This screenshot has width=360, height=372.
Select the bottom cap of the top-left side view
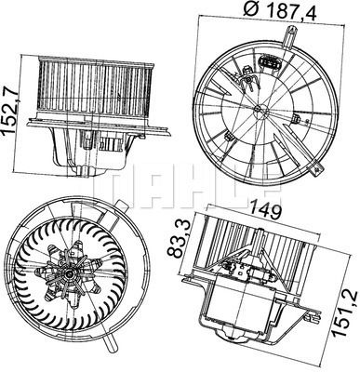pos(88,168)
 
